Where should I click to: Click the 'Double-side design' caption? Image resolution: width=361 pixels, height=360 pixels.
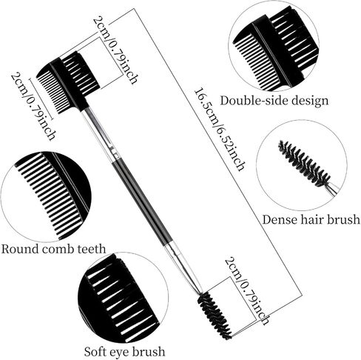(x=274, y=101)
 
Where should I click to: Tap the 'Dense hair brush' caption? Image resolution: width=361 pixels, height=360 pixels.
(x=311, y=219)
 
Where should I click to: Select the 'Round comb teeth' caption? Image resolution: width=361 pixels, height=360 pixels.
(x=53, y=248)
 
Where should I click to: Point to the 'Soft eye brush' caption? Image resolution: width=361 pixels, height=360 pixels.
(x=124, y=351)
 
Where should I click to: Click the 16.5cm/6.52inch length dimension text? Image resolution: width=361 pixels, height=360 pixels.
(x=219, y=130)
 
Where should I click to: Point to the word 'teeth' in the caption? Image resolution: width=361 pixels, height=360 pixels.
(x=92, y=248)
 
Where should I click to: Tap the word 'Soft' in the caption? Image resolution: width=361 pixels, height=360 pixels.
(x=95, y=351)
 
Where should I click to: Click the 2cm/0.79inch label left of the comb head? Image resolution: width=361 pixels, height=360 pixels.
(x=33, y=106)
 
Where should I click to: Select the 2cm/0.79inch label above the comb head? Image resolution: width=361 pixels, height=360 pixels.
(x=115, y=50)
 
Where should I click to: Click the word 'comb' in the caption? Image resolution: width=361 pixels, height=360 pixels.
(x=58, y=248)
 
